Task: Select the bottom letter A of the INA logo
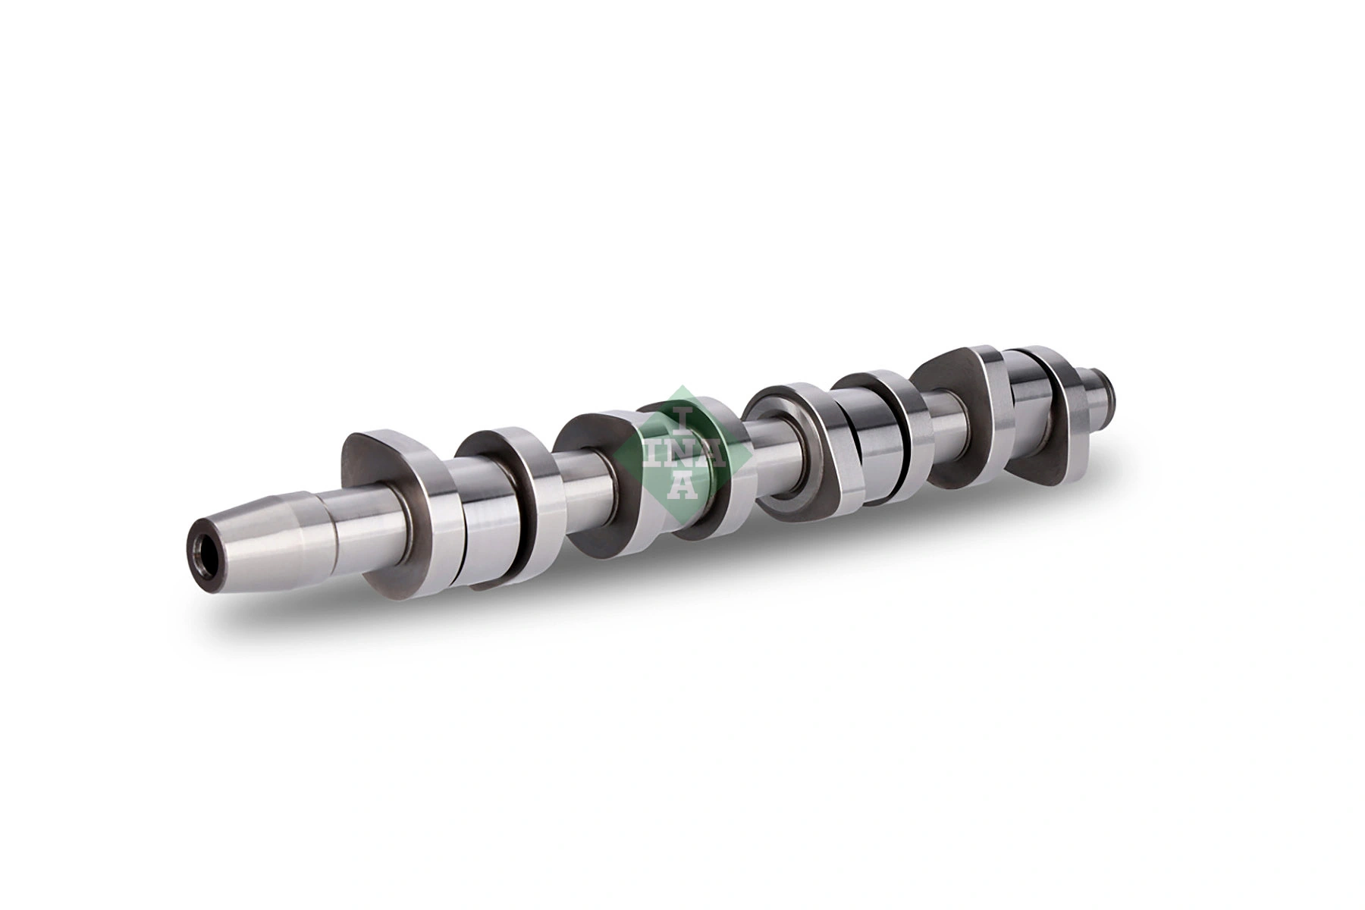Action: (x=682, y=485)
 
